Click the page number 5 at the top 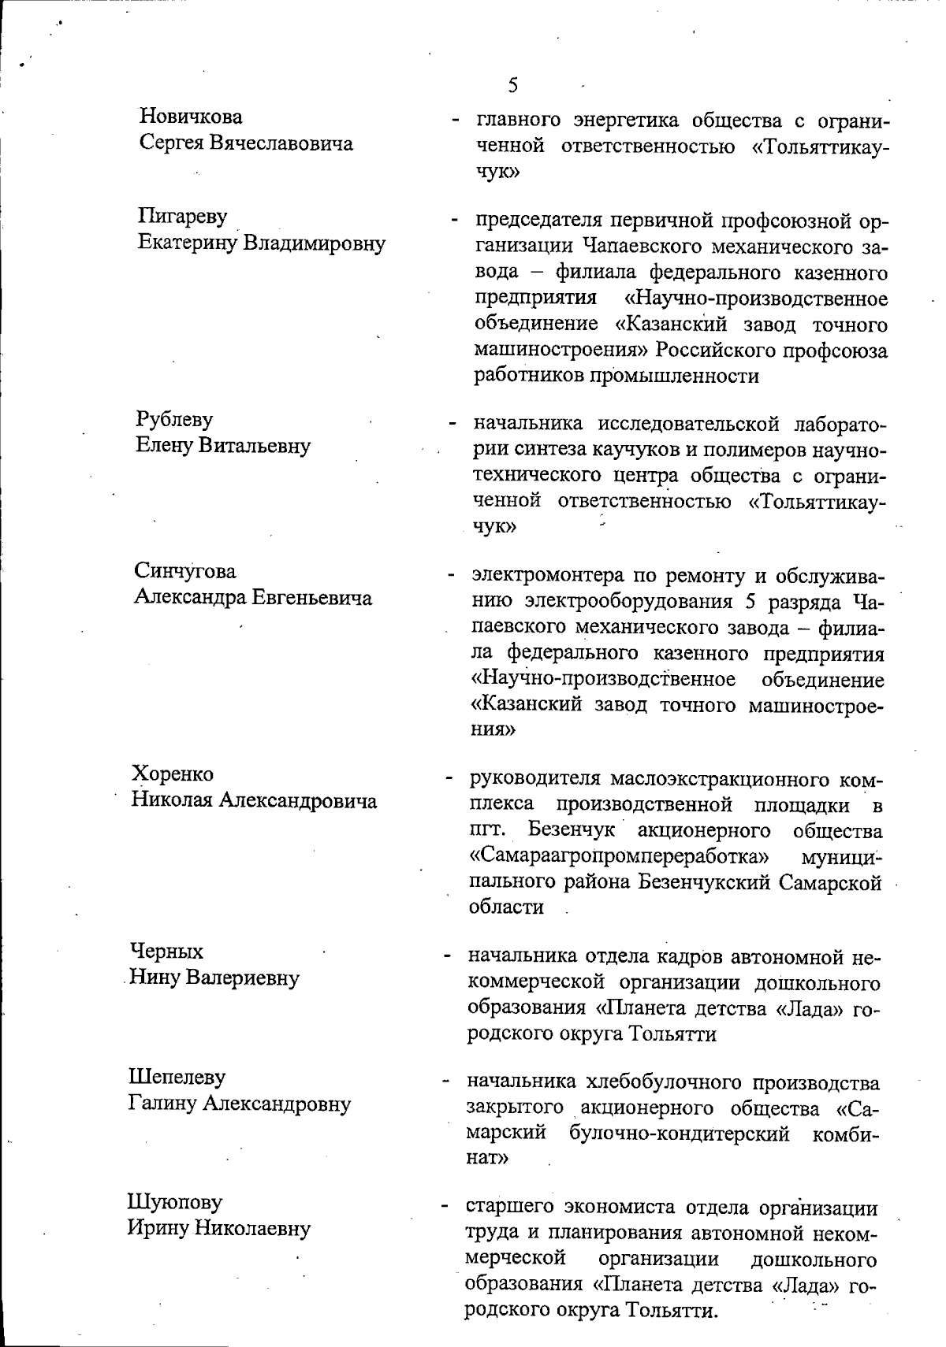click(513, 84)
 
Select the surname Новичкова click(191, 117)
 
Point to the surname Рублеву click(175, 419)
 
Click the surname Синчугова click(185, 570)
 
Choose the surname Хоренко click(173, 774)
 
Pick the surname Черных click(166, 951)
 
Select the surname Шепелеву click(177, 1076)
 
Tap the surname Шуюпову click(175, 1202)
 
